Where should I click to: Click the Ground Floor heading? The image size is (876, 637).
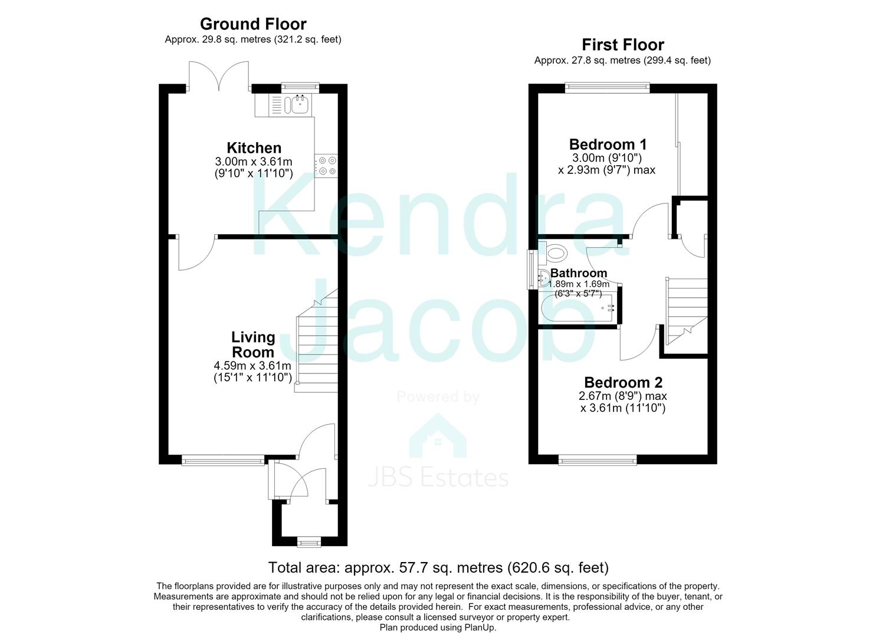(x=253, y=24)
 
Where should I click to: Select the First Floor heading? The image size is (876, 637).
(x=622, y=45)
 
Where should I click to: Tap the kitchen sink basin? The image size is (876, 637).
(x=300, y=104)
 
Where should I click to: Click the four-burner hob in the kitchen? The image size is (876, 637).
(x=326, y=166)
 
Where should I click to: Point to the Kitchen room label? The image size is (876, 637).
(x=254, y=148)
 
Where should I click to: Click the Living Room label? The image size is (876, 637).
(x=253, y=344)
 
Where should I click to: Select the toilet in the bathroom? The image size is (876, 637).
(x=553, y=254)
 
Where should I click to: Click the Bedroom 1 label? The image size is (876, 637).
(x=608, y=145)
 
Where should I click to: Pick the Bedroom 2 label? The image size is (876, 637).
(x=624, y=382)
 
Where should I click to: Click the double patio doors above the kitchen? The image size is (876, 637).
(x=219, y=76)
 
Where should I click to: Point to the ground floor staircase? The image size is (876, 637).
(x=316, y=340)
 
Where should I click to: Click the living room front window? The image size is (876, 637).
(x=223, y=460)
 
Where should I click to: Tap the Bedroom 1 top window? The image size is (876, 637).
(x=607, y=88)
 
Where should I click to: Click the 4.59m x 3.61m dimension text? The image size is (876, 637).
(x=252, y=366)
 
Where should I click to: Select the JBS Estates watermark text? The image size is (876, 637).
(x=438, y=478)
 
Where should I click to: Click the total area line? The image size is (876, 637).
(x=438, y=567)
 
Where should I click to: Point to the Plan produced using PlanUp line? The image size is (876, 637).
(x=438, y=628)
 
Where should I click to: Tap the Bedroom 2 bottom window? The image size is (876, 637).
(x=598, y=460)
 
